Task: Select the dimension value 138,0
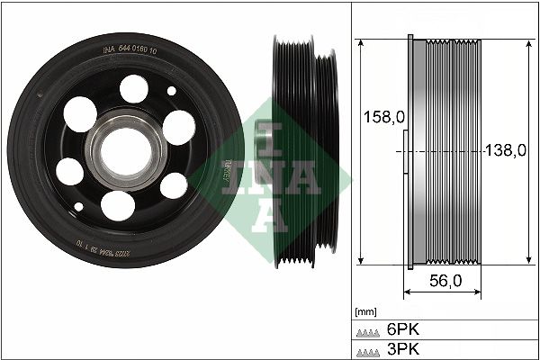[x=505, y=150]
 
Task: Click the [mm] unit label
[x=365, y=311]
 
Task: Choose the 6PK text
[x=401, y=330]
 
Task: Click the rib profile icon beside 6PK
[x=368, y=331]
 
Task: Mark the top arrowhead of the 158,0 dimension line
[x=360, y=44]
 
